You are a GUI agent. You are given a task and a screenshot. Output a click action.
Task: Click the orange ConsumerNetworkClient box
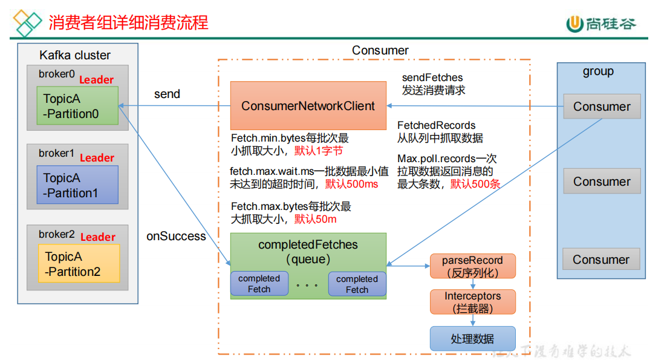coord(308,106)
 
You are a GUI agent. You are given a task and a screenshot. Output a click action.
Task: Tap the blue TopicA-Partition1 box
coord(77,186)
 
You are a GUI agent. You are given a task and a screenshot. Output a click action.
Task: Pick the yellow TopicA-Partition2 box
coord(79,264)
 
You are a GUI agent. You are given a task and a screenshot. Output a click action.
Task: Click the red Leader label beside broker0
coord(97,79)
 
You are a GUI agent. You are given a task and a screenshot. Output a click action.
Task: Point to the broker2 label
coord(56,234)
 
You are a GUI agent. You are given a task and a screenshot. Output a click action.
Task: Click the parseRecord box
coord(472,266)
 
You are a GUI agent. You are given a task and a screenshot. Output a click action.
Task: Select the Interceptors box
coord(472,302)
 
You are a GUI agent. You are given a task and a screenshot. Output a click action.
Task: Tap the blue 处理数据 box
coord(472,339)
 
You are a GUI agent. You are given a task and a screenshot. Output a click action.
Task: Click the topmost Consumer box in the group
coord(602,107)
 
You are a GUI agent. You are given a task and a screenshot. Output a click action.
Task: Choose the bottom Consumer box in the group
coord(601,260)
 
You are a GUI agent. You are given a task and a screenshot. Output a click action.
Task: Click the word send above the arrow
coord(167,94)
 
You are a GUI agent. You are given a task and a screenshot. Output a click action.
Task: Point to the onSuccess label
coord(176,236)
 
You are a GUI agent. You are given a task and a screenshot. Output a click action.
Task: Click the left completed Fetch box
coord(259,284)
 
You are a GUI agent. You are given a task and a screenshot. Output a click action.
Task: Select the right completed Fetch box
coord(357,284)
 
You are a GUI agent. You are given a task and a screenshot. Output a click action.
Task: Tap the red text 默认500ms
coord(351,183)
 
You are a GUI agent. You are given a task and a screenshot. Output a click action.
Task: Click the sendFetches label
coord(432,77)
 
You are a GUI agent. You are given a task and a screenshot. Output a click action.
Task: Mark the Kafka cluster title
coord(75,55)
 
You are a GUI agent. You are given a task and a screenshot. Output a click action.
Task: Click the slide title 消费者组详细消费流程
coord(128,23)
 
